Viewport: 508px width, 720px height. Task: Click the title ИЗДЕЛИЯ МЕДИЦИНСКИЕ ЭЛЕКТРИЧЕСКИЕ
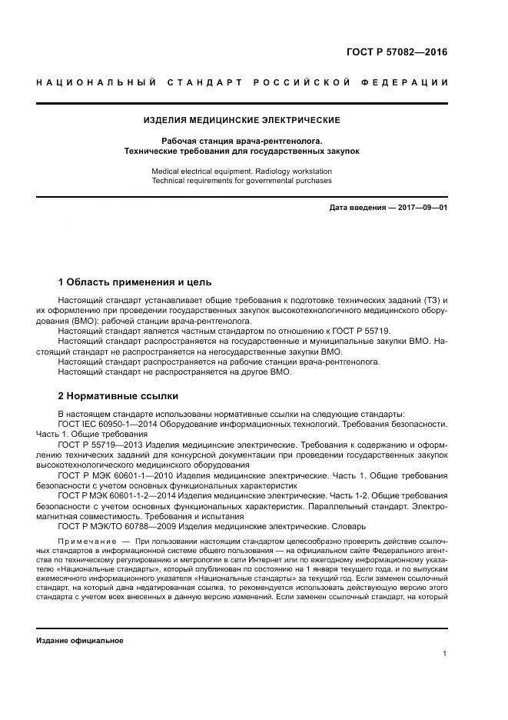pos(242,121)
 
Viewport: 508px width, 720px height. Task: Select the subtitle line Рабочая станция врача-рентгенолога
pos(242,141)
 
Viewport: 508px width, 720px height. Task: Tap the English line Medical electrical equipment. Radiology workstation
pos(242,172)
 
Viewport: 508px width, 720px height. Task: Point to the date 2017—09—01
pos(420,208)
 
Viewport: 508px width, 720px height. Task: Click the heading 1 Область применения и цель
pos(135,282)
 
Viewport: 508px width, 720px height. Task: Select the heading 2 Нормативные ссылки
pos(118,396)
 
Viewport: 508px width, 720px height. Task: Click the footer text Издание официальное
pos(80,640)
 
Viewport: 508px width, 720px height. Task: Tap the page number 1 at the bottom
pos(445,654)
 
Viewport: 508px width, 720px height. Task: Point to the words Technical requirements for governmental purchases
pos(242,182)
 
